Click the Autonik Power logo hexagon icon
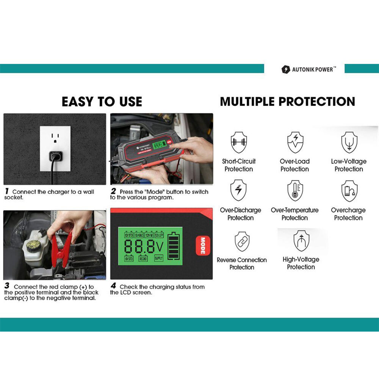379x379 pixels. point(285,70)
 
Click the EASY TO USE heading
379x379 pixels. point(102,102)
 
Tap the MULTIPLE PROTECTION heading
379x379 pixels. point(288,102)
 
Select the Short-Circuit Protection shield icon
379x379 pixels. point(239,143)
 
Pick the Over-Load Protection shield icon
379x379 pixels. point(295,143)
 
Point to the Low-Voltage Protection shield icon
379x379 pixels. point(349,143)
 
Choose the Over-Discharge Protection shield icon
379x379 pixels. point(239,191)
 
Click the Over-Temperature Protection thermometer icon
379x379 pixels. point(295,191)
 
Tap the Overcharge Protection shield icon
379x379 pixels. point(349,191)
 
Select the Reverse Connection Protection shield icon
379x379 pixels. point(242,241)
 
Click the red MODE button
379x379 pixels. point(203,246)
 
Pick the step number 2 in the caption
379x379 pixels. point(113,192)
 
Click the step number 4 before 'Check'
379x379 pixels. point(113,287)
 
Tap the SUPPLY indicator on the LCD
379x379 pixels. point(158,258)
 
